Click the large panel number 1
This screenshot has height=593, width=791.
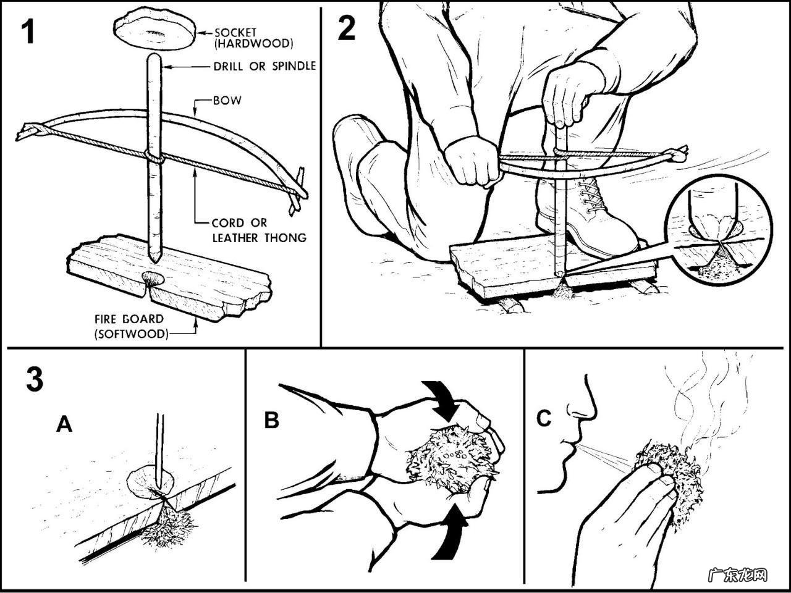click(x=28, y=32)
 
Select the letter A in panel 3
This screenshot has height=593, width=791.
click(x=64, y=424)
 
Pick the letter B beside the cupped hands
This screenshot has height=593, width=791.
click(x=271, y=419)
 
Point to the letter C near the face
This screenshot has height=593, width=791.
click(x=544, y=418)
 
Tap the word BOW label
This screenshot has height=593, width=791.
click(x=227, y=100)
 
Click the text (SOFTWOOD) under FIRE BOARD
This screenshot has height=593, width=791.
click(x=131, y=334)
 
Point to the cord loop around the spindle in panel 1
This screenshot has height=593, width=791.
click(x=154, y=158)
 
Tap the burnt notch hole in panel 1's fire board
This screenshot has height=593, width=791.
click(x=153, y=279)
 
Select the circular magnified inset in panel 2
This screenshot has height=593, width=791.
click(x=718, y=230)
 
